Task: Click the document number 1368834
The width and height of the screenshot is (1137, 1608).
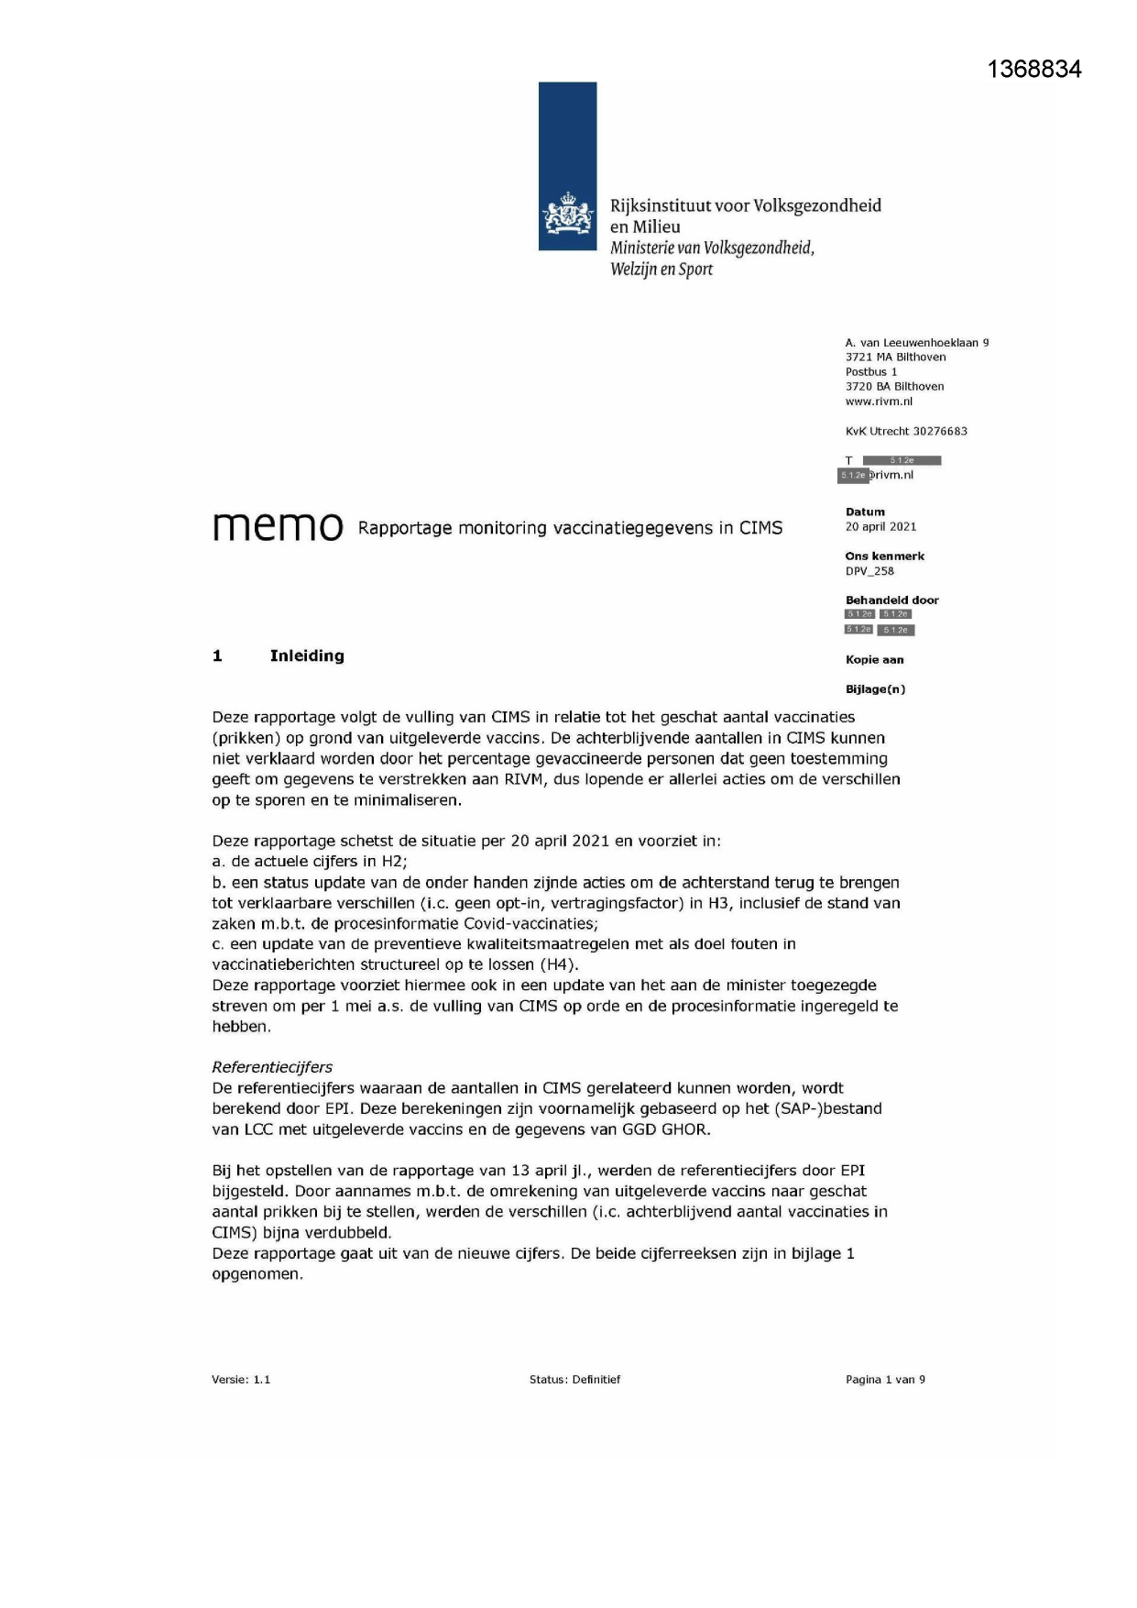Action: [1034, 70]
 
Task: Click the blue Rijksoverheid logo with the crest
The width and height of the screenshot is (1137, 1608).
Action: [567, 166]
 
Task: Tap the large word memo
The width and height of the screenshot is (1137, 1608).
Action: [278, 526]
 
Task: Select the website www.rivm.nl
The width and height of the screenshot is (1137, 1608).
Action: [879, 402]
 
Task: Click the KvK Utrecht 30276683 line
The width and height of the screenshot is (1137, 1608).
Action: [906, 431]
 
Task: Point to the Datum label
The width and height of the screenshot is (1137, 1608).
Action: [865, 512]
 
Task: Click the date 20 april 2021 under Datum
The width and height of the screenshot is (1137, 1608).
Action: [880, 526]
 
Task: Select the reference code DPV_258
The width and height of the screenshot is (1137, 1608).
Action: [869, 570]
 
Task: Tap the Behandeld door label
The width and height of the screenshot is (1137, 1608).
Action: [891, 600]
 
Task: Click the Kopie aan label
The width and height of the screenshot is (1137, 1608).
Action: [874, 659]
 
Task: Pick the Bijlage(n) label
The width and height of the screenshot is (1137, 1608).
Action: [875, 688]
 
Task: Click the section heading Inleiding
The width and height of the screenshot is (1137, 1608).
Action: [307, 655]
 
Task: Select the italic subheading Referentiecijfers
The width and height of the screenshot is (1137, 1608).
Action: [272, 1067]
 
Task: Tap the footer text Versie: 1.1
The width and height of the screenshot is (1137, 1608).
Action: [241, 1379]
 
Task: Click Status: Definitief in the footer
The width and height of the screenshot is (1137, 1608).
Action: [574, 1379]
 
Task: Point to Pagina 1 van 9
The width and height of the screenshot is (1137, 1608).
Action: [885, 1379]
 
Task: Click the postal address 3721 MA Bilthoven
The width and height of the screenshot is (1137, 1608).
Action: [895, 358]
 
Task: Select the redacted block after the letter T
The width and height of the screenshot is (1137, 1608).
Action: [902, 460]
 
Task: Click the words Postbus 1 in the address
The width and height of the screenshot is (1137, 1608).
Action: [871, 372]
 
